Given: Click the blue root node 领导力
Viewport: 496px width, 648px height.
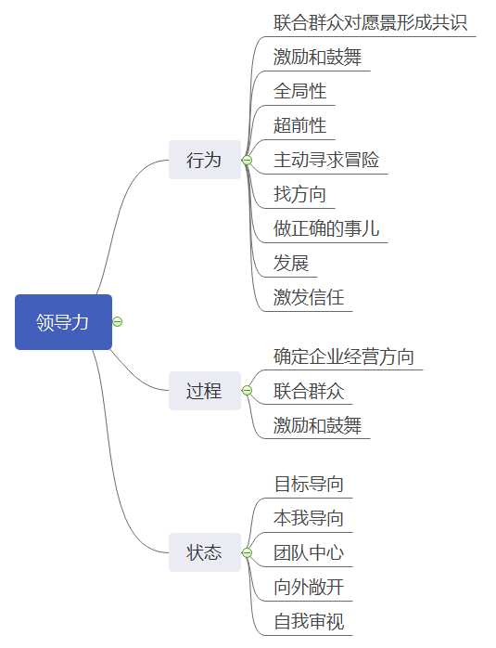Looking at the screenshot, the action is click(64, 322).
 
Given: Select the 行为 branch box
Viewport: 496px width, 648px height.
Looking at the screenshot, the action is click(205, 160).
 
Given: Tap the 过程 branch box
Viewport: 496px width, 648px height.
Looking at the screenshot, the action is click(205, 391).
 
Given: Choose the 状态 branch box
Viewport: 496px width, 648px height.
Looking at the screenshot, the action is click(205, 552).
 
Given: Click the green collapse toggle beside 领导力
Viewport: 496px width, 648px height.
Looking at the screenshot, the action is click(118, 321).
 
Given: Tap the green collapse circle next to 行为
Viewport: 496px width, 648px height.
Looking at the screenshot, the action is click(247, 160).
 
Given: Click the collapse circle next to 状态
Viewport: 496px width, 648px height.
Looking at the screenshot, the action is click(247, 552).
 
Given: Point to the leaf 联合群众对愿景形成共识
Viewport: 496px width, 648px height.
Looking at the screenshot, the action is click(370, 22).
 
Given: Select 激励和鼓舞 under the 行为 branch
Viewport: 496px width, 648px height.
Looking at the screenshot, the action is click(317, 57).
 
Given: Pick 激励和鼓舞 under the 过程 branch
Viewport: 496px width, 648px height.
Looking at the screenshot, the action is click(317, 425).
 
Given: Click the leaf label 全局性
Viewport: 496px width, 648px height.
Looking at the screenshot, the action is click(299, 91).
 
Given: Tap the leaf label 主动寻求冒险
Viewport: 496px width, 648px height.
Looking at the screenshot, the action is click(326, 160).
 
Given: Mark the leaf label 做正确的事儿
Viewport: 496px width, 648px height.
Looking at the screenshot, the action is click(326, 228).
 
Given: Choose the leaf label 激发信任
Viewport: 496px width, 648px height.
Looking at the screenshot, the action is click(309, 297).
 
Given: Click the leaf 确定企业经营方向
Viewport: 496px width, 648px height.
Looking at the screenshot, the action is click(344, 356).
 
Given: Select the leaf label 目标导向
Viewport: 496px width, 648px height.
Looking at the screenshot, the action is click(309, 484).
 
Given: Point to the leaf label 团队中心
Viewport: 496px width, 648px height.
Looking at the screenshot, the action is click(309, 552).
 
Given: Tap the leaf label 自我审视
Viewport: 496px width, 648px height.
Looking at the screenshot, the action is click(309, 621).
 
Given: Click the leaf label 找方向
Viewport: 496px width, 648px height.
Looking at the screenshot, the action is click(299, 194).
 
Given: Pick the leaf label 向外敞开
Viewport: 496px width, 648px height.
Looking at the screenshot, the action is click(309, 587).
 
